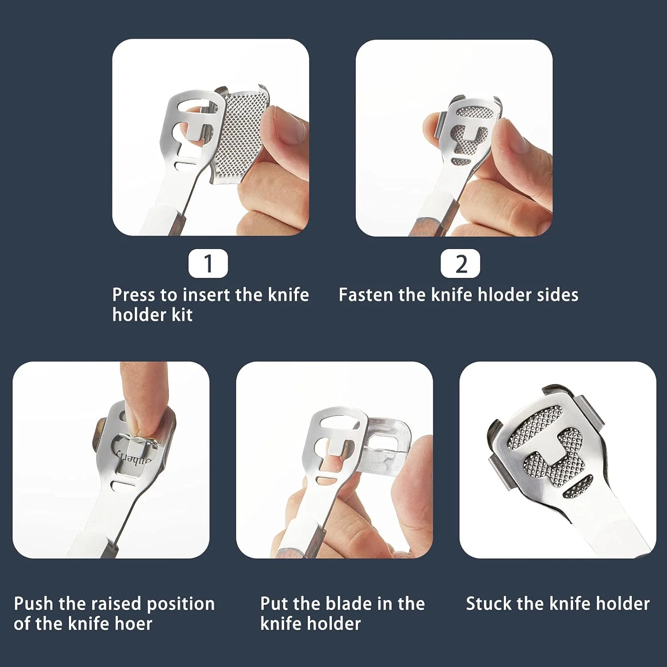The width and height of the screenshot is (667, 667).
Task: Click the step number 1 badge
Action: tap(208, 264)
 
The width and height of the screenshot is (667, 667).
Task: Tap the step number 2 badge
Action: tap(460, 264)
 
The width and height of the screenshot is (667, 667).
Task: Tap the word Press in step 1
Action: tap(134, 295)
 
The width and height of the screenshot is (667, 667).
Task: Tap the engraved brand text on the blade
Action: tap(133, 458)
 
